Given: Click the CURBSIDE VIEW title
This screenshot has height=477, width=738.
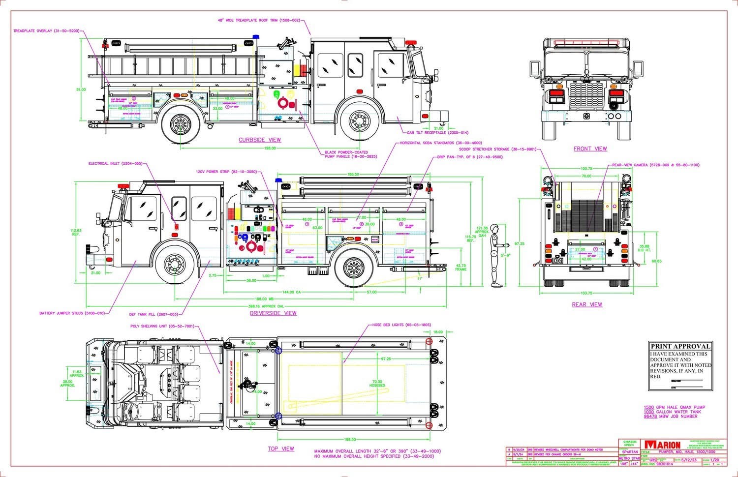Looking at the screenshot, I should pos(260,140).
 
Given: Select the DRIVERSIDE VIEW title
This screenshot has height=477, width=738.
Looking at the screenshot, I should pos(273,313).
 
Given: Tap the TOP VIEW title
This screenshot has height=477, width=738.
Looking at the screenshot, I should pos(281,448).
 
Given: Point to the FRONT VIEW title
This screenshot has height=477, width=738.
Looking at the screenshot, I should pos(590,149).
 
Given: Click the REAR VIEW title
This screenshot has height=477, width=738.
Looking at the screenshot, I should pos(586,304).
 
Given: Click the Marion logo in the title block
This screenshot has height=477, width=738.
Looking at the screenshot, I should pos(663,445).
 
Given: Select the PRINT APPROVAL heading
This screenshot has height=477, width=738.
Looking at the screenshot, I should pos(680,346).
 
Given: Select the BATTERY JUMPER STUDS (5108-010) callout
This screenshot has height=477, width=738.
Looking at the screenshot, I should pos(72,313).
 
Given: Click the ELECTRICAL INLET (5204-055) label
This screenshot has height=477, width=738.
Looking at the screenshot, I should pos(115,163).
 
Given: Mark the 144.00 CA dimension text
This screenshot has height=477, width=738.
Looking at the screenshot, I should pos(291,292).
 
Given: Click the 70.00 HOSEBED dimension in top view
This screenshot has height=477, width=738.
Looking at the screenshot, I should pos(377,384).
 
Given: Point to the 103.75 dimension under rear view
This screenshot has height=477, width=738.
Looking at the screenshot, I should pos(585,293).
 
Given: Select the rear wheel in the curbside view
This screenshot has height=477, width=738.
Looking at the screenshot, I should pos(181,124).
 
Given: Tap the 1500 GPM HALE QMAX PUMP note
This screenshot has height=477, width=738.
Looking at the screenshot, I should pos(674,407).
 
